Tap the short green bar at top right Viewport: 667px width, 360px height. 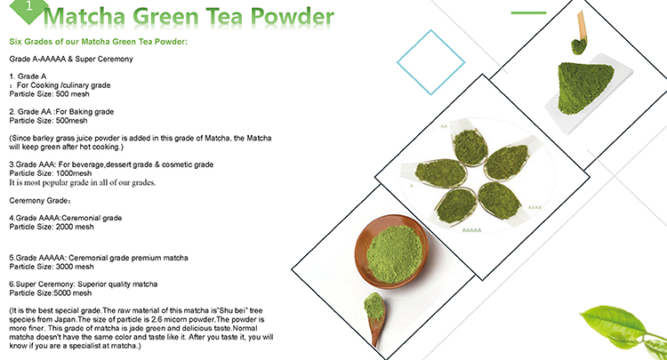point(528,12)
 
